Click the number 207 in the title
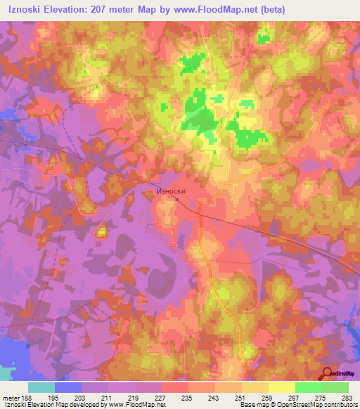150,10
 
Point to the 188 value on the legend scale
27,397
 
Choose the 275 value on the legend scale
321,397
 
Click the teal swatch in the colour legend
41,387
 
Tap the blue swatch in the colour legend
68,387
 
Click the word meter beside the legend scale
10,397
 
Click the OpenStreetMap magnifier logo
328,373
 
